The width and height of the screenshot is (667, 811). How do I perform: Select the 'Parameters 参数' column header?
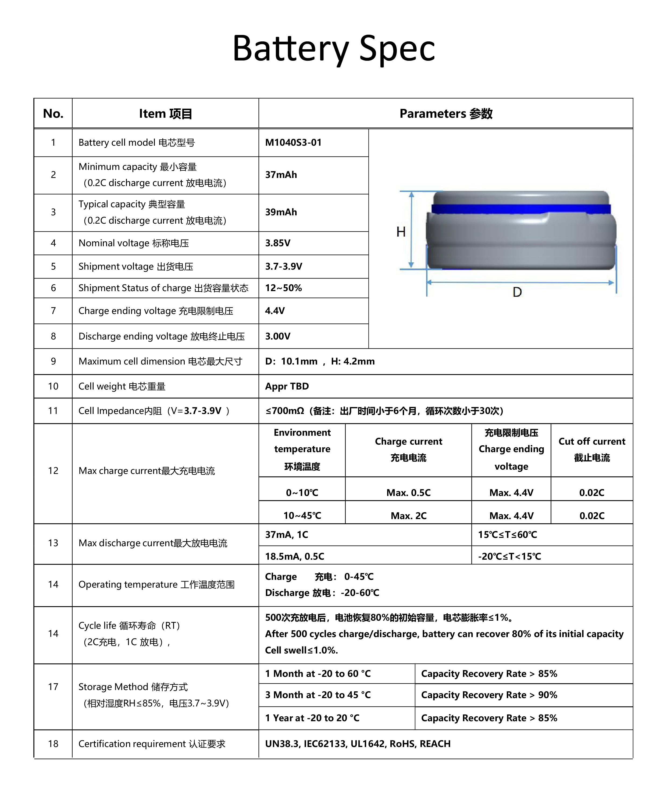446,114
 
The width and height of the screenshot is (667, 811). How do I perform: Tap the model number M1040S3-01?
293,142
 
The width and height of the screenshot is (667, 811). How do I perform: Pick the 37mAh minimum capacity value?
281,175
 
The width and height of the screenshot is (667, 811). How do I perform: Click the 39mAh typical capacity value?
281,212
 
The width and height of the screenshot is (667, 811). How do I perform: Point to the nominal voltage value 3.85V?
278,243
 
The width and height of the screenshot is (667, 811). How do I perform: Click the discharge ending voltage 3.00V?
278,336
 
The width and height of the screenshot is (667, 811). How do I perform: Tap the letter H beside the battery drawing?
401,232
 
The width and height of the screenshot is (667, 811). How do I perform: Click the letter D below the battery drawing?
517,292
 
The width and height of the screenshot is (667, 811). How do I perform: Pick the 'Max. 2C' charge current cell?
408,516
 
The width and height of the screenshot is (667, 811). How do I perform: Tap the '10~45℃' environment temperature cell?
302,516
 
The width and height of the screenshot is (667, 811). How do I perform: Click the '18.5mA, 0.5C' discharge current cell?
295,556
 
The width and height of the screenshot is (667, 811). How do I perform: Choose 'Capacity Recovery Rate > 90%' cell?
489,695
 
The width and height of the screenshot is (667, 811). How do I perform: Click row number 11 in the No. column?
53,411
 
